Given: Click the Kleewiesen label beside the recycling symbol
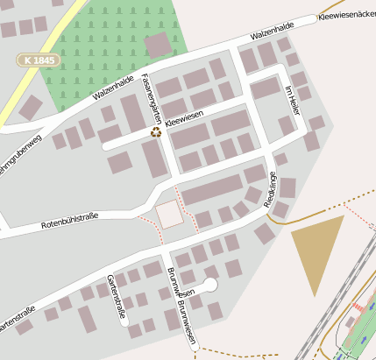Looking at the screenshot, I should (184, 122).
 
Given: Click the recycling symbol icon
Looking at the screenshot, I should (156, 132).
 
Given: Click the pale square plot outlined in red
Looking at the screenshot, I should (169, 214).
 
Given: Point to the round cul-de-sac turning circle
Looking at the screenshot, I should (210, 284).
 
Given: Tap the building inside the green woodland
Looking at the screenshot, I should (159, 44).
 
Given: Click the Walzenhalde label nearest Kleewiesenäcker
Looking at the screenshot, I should (271, 33).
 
